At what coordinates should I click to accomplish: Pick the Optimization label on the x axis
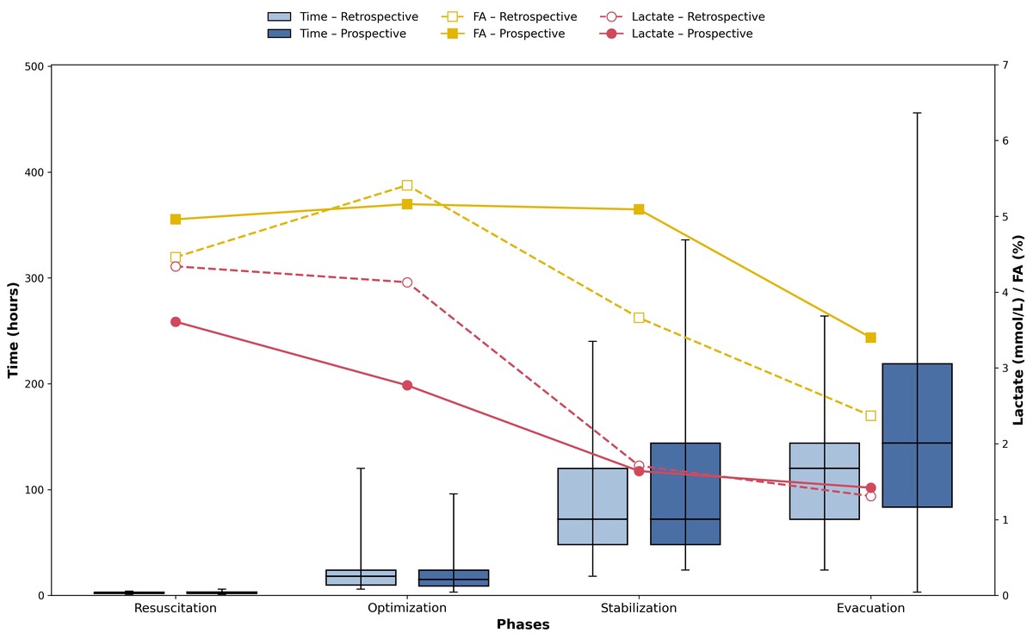[407, 609]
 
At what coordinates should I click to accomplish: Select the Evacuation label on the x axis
[870, 609]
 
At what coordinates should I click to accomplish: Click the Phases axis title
[523, 625]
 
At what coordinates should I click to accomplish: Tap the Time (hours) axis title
[13, 330]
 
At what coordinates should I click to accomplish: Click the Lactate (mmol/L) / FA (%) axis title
[1019, 330]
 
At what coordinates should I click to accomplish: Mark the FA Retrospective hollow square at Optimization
[407, 185]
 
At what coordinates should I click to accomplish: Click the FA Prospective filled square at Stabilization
[639, 209]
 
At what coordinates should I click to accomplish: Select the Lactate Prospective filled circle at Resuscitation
[176, 322]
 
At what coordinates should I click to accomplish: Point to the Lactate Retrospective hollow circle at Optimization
[407, 282]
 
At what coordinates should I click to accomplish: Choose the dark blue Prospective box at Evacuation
[917, 435]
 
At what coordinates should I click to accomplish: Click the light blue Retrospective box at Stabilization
[592, 506]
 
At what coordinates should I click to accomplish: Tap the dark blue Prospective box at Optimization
[454, 578]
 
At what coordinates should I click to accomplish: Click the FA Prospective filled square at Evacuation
[870, 338]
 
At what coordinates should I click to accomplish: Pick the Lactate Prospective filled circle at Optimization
[407, 385]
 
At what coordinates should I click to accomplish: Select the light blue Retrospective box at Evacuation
[824, 481]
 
